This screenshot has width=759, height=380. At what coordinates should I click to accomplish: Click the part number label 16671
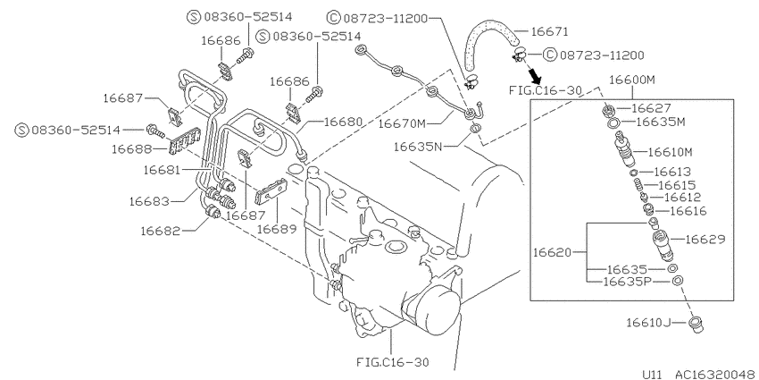pyautogui.click(x=549, y=31)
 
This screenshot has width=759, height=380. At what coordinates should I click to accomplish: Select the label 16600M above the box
pyautogui.click(x=631, y=80)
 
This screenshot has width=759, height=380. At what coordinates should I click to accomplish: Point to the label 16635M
pyautogui.click(x=660, y=122)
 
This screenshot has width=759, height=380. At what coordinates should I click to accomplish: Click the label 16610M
pyautogui.click(x=671, y=152)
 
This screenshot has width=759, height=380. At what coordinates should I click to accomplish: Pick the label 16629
pyautogui.click(x=705, y=239)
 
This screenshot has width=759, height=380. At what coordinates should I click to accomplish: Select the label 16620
pyautogui.click(x=553, y=252)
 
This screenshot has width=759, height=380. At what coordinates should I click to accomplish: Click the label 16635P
pyautogui.click(x=628, y=282)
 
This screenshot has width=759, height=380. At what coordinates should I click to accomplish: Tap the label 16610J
pyautogui.click(x=648, y=322)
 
